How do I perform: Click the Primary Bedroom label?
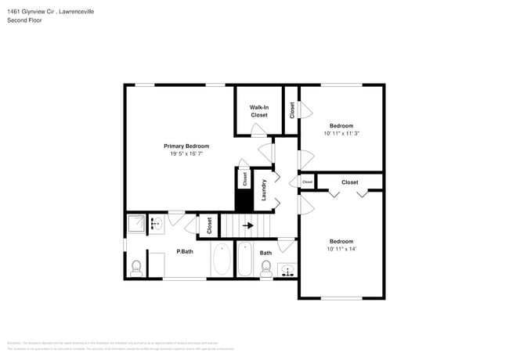pyautogui.click(x=186, y=146)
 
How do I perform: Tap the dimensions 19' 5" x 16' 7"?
pyautogui.click(x=186, y=153)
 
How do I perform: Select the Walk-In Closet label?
pyautogui.click(x=258, y=111)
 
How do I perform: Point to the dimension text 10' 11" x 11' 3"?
pyautogui.click(x=341, y=133)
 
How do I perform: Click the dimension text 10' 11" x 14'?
pyautogui.click(x=341, y=249)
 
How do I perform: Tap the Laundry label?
pyautogui.click(x=265, y=190)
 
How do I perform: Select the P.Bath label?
pyautogui.click(x=185, y=252)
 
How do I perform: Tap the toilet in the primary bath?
pyautogui.click(x=136, y=268)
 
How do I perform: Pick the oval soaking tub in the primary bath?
pyautogui.click(x=221, y=261)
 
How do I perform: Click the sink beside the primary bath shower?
pyautogui.click(x=155, y=224)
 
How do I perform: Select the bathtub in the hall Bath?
pyautogui.click(x=244, y=261)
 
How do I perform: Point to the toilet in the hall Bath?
pyautogui.click(x=265, y=269)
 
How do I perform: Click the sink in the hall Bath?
pyautogui.click(x=287, y=271)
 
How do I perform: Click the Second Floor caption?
pyautogui.click(x=24, y=20)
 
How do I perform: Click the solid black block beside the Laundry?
pyautogui.click(x=244, y=200)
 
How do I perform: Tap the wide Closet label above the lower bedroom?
pyautogui.click(x=349, y=182)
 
